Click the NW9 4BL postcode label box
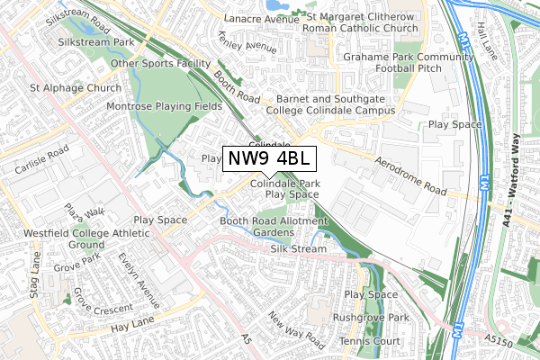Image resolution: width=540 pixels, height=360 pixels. point(268,158)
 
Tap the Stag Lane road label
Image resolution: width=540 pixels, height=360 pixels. point(36,274)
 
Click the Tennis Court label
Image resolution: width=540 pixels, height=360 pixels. point(370,342)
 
